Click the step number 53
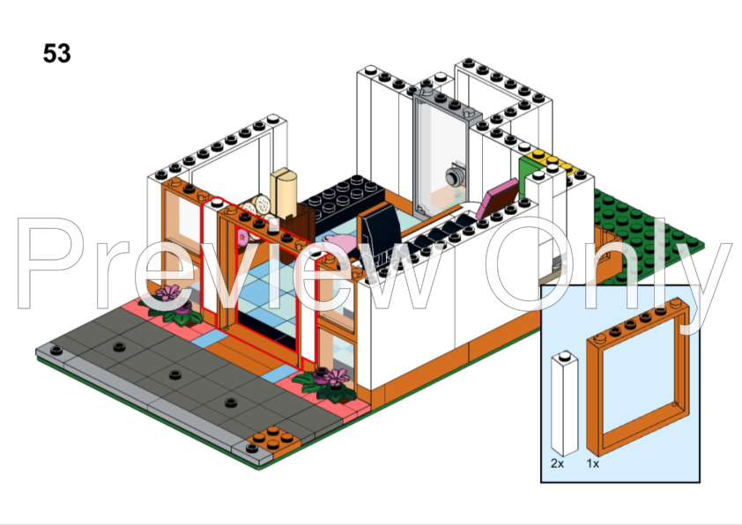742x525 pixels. [x=56, y=53]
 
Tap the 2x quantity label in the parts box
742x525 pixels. [x=558, y=463]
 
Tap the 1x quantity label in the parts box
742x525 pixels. [x=593, y=463]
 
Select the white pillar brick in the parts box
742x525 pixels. [x=565, y=403]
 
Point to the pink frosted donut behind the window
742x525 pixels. [x=242, y=236]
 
